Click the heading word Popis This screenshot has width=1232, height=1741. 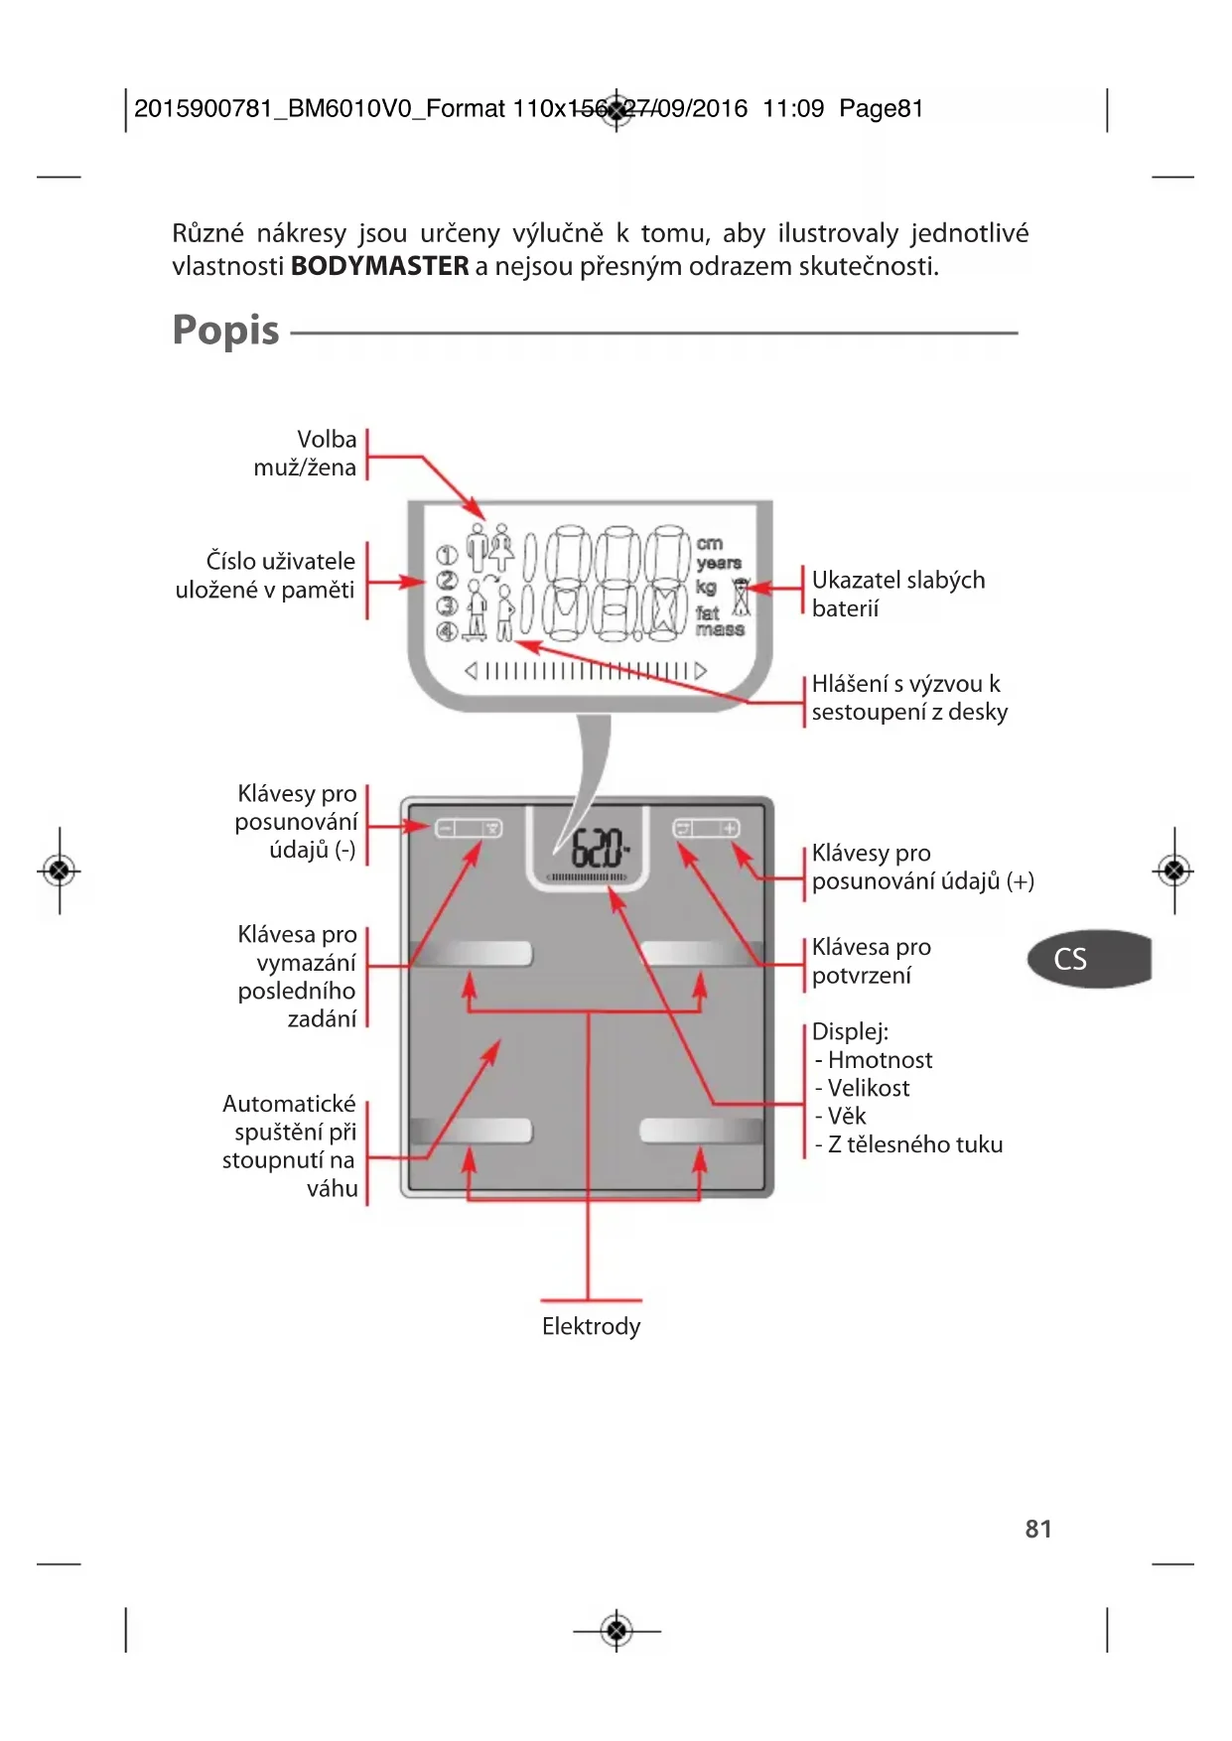click(225, 331)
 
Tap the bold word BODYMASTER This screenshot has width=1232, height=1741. click(379, 266)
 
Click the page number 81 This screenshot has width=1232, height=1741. click(1038, 1529)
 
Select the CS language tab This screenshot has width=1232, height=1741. click(1089, 959)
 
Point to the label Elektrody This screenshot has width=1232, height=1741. click(591, 1326)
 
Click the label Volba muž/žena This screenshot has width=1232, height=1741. click(306, 453)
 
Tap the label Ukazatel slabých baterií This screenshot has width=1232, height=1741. click(898, 594)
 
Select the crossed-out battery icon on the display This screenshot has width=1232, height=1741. click(741, 597)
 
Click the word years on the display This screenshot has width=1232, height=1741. click(719, 563)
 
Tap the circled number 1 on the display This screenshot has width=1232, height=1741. click(447, 556)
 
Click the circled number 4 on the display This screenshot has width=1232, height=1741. click(447, 630)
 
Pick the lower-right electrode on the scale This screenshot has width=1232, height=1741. click(701, 1130)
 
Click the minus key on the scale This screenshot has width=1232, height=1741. click(446, 828)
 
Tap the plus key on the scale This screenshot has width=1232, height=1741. click(730, 828)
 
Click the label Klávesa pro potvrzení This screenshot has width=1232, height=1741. click(872, 961)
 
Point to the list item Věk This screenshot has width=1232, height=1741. click(840, 1116)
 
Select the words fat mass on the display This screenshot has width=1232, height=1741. click(719, 621)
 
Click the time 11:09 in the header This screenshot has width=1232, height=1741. click(793, 108)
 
